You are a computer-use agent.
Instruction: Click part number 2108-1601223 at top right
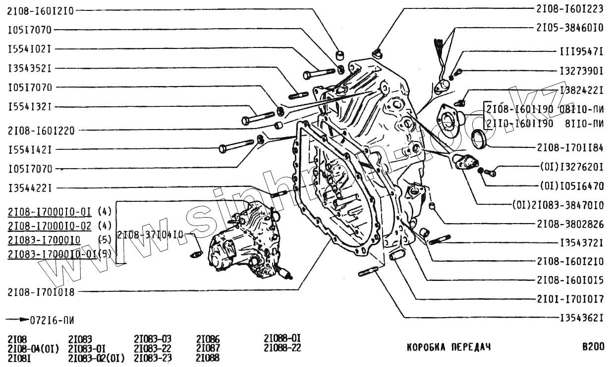pos(569,8)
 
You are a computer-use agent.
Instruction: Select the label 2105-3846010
pos(569,28)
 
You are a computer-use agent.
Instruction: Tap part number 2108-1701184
pos(569,147)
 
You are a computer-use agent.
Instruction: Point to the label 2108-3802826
pos(569,224)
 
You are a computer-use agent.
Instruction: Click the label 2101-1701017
pos(569,299)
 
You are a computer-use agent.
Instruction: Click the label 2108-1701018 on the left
pos(41,292)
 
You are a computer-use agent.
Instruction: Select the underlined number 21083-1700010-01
pos(52,254)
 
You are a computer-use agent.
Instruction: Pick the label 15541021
pos(30,49)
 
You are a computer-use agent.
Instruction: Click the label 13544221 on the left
pos(30,188)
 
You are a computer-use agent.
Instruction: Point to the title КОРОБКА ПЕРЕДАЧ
pos(448,347)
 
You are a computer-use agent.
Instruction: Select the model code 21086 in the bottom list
pos(208,340)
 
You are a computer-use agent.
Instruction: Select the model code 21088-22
pos(282,348)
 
